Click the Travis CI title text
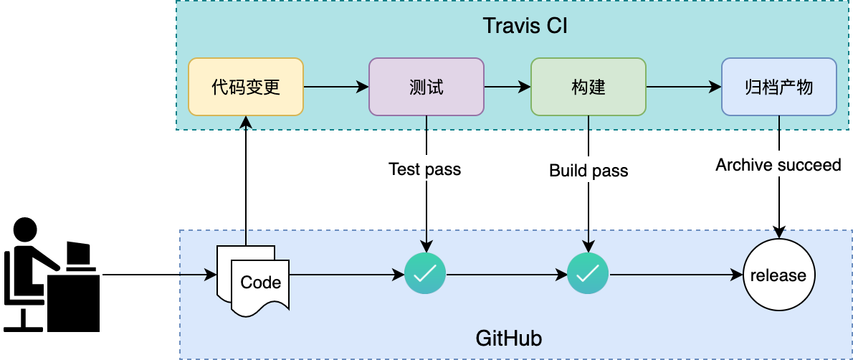(526, 27)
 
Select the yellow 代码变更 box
(246, 87)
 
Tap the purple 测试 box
(426, 87)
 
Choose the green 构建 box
(588, 87)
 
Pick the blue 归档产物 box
(778, 87)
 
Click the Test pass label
(425, 170)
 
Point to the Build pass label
(588, 171)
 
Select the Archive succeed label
(778, 166)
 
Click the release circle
(778, 275)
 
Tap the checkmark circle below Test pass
(426, 273)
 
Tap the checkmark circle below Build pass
(588, 273)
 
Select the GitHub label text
(509, 338)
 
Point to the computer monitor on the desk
(78, 255)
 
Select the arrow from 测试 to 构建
(507, 87)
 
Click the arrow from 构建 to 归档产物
(684, 87)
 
